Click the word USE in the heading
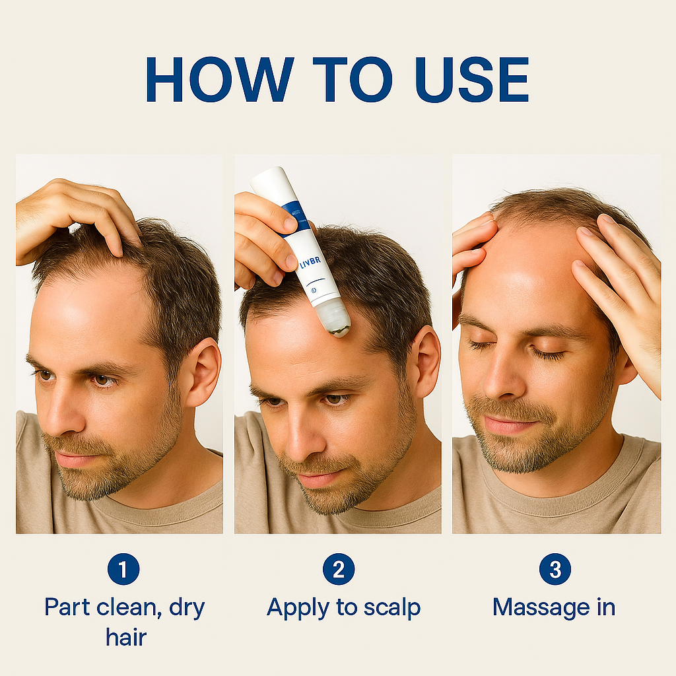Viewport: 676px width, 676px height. (472, 79)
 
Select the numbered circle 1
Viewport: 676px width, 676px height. (123, 569)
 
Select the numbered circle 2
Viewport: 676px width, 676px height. (339, 569)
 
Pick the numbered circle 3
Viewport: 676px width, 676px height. (555, 569)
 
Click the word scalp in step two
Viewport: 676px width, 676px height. (392, 608)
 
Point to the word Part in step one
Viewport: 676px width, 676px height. (67, 607)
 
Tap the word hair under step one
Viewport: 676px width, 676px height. (126, 637)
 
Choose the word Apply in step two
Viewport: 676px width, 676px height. (298, 609)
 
